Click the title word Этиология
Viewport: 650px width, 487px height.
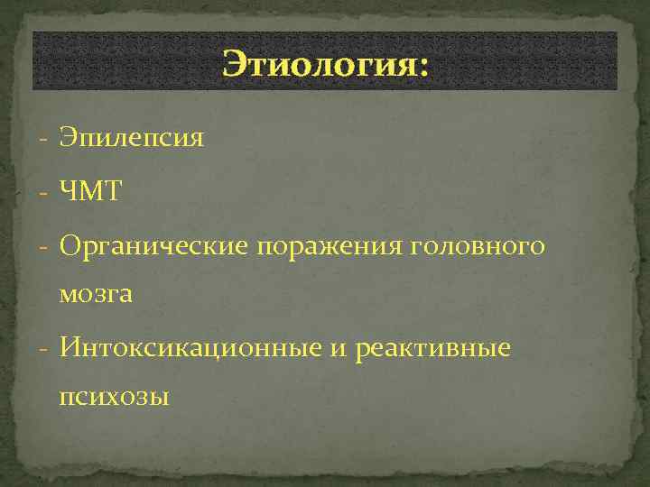[317, 66]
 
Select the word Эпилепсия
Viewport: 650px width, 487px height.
[132, 139]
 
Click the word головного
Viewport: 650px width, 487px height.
[480, 245]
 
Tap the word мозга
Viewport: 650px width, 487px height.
[97, 294]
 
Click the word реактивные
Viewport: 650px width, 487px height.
[433, 347]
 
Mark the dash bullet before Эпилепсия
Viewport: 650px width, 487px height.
[43, 140]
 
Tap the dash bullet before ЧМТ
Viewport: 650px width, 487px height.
[43, 192]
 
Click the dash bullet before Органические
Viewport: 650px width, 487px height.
[43, 245]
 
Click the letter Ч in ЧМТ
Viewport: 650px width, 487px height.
[69, 191]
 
